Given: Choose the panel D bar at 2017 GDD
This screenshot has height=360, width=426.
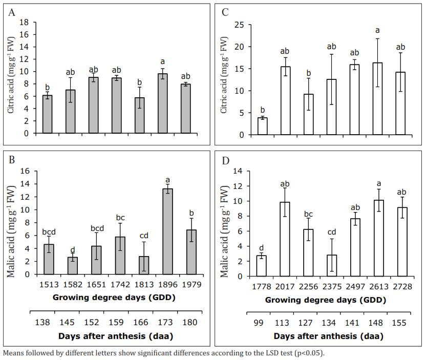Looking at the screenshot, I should coord(285,239).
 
